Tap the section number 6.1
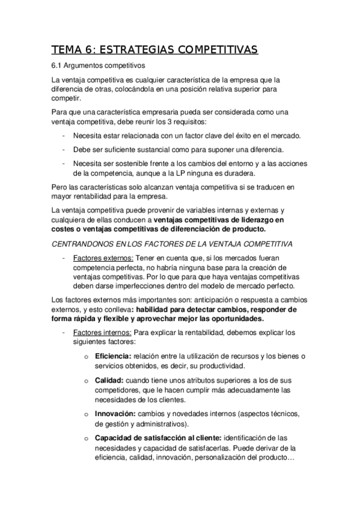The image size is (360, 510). pyautogui.click(x=58, y=65)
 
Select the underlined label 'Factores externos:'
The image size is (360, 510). pyautogui.click(x=102, y=257)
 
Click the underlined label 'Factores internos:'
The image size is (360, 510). pyautogui.click(x=102, y=331)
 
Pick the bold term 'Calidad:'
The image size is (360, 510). pyautogui.click(x=109, y=380)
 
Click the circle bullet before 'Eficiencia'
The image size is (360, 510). pyautogui.click(x=86, y=357)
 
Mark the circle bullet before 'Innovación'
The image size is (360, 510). pyautogui.click(x=86, y=415)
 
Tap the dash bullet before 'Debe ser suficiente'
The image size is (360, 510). pyautogui.click(x=64, y=149)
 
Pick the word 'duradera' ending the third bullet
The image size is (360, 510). pyautogui.click(x=243, y=172)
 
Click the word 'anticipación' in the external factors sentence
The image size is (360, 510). pyautogui.click(x=201, y=300)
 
